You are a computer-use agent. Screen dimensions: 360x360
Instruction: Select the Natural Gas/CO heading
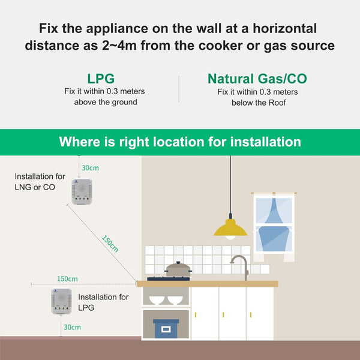click(x=257, y=79)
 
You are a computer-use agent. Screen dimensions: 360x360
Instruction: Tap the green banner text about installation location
click(x=180, y=142)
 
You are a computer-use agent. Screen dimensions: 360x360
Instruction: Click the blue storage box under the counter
click(x=165, y=328)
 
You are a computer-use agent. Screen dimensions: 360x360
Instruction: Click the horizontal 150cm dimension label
click(x=67, y=279)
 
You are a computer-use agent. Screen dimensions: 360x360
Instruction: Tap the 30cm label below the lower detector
click(x=72, y=328)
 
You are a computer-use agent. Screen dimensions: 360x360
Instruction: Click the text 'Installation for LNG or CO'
click(x=40, y=181)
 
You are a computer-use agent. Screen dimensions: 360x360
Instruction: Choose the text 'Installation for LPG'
click(x=103, y=302)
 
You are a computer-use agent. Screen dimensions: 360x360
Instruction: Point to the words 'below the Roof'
click(x=257, y=103)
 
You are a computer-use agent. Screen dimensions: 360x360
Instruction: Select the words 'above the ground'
click(x=105, y=102)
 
